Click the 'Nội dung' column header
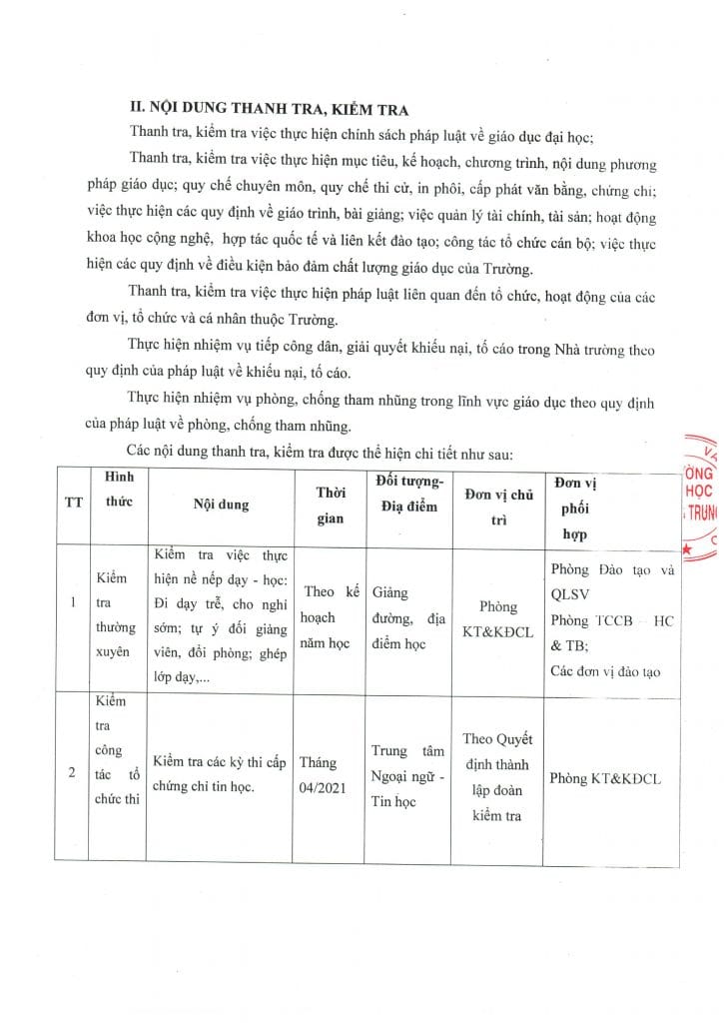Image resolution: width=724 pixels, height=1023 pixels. point(221,505)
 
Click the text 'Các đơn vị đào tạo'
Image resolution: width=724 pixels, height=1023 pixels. point(604,670)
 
